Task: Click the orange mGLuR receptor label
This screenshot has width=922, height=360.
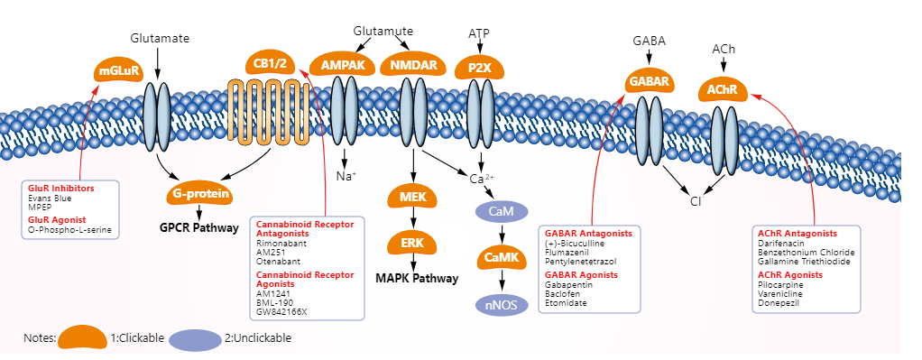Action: (x=118, y=70)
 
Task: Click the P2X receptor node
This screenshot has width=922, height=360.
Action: (x=479, y=68)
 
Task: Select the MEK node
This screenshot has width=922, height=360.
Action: (x=412, y=198)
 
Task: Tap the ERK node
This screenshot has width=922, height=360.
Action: (x=412, y=244)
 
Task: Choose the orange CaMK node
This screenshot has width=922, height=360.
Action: (x=501, y=259)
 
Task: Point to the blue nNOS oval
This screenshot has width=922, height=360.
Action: (x=501, y=305)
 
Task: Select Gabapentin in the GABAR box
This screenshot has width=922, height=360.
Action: (x=568, y=285)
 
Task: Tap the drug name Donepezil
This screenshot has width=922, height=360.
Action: (x=781, y=303)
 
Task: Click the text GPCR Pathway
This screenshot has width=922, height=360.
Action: (x=198, y=229)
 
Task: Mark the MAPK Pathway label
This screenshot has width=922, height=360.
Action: (x=416, y=279)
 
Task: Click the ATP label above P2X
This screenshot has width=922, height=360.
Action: (x=479, y=33)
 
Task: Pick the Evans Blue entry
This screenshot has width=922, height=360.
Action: (x=50, y=198)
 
